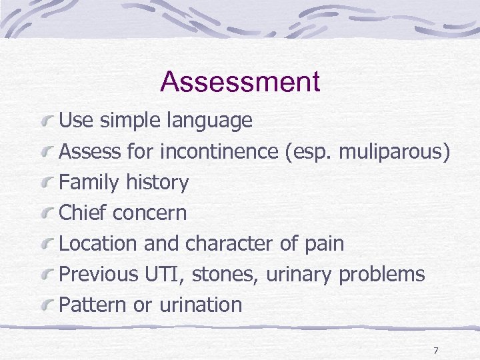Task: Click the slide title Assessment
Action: point(240,82)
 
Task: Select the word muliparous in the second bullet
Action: point(394,151)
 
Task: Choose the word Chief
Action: point(83,213)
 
